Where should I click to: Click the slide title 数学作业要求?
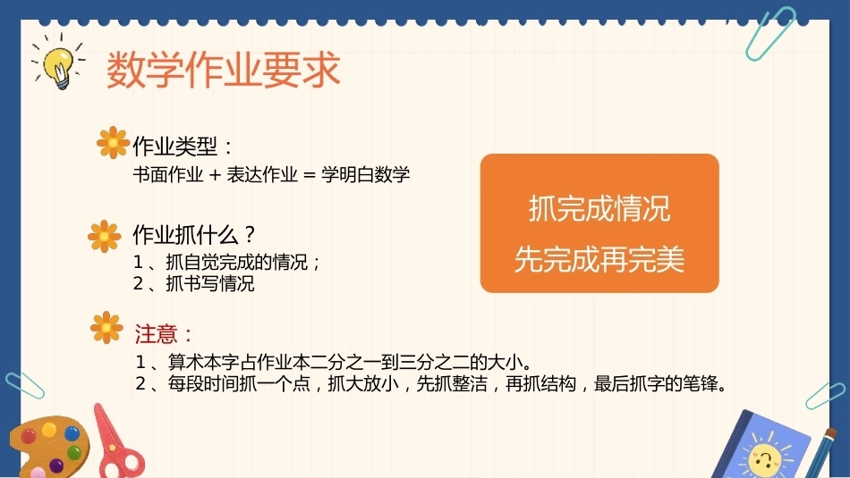click(224, 70)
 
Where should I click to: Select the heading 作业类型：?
click(183, 147)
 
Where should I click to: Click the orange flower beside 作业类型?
click(113, 142)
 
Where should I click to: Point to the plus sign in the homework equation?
click(216, 175)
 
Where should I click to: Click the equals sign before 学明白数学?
click(309, 175)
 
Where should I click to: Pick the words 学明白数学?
click(365, 174)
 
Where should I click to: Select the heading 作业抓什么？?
click(194, 234)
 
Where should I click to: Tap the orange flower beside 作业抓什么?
click(104, 236)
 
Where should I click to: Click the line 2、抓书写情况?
click(193, 283)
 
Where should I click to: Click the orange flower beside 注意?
click(106, 328)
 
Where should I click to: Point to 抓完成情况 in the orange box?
click(599, 208)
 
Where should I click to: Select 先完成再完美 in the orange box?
click(599, 259)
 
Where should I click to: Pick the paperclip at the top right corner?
click(769, 34)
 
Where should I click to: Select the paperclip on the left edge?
click(25, 385)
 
